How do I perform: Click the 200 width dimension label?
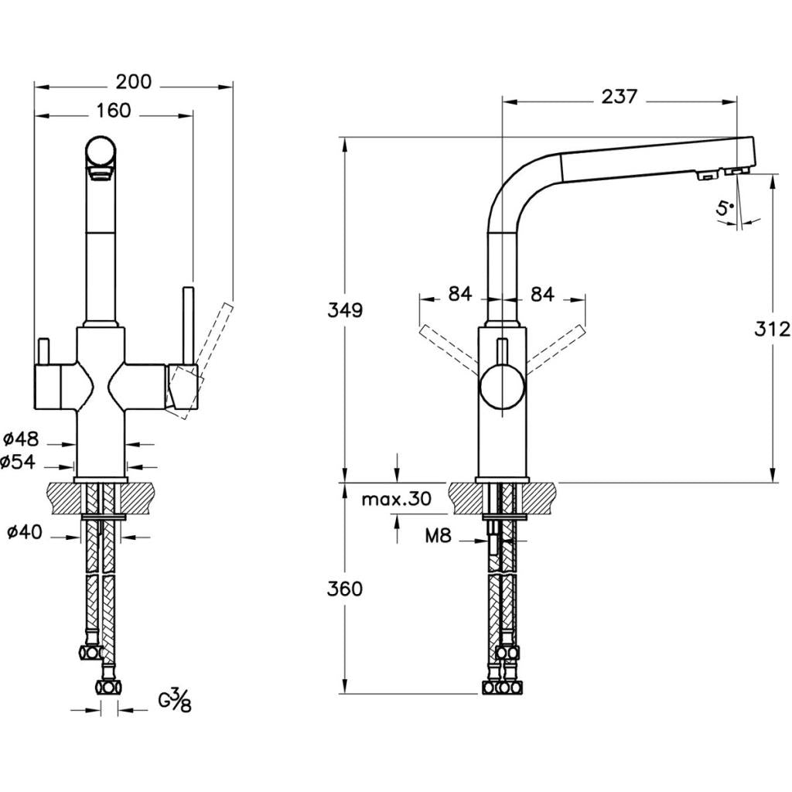(134, 81)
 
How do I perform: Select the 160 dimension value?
(114, 111)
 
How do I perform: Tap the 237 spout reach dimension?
(619, 97)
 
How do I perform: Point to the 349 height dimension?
(345, 310)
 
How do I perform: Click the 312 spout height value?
(772, 329)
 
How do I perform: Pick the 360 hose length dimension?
(345, 589)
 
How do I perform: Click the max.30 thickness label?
(396, 499)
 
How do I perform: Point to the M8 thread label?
(438, 534)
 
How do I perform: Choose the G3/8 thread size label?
(175, 701)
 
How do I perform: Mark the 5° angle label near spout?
(725, 207)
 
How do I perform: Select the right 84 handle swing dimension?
(542, 294)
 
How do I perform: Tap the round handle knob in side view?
(503, 389)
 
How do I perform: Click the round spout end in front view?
(101, 151)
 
